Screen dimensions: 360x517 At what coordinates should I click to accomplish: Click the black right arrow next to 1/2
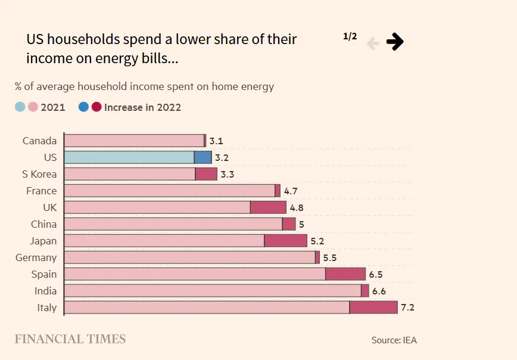click(394, 42)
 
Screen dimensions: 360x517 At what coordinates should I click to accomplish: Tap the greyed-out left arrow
click(373, 43)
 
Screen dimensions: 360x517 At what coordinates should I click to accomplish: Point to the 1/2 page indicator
click(350, 36)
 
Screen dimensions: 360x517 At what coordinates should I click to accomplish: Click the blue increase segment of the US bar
click(203, 157)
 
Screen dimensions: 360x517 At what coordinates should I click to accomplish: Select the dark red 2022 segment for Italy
click(373, 308)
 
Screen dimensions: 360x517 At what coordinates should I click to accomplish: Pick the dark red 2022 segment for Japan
click(285, 241)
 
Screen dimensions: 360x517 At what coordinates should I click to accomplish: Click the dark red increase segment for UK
click(268, 207)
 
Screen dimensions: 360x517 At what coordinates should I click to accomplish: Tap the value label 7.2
click(407, 308)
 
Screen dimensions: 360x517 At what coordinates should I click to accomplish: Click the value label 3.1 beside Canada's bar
click(216, 141)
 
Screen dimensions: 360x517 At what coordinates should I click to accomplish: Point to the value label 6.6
click(379, 291)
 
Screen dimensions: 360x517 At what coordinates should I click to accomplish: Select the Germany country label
click(36, 257)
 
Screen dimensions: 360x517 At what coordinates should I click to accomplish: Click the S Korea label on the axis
click(39, 174)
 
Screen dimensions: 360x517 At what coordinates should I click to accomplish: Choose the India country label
click(45, 291)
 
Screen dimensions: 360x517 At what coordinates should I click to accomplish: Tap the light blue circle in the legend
click(20, 107)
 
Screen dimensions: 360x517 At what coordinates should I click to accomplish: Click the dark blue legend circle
click(83, 107)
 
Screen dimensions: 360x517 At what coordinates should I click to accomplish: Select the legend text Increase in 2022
click(142, 107)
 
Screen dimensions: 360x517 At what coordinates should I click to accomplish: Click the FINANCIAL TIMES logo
click(70, 339)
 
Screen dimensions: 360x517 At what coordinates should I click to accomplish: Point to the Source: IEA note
click(394, 340)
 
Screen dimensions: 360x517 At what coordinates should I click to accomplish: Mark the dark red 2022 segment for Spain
click(345, 274)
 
